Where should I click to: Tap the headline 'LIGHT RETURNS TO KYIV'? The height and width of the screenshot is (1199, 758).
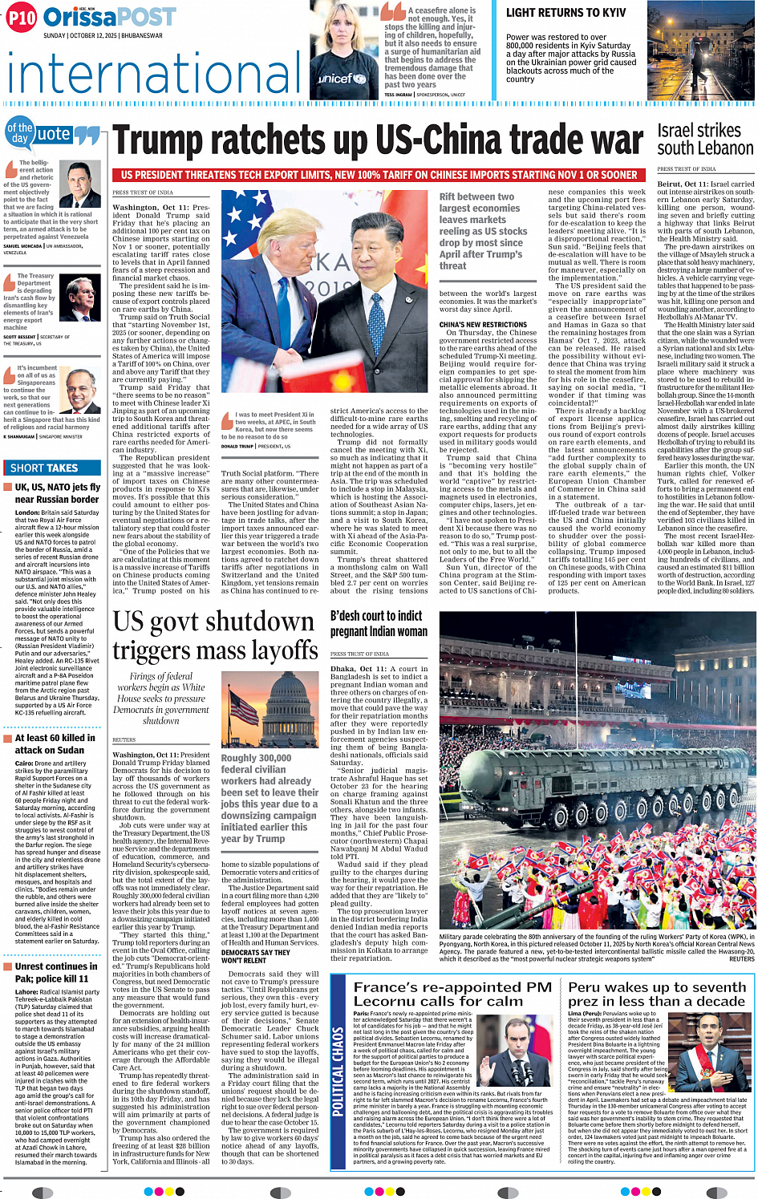point(565,13)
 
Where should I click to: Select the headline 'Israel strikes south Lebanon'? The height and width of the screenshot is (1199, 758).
point(704,140)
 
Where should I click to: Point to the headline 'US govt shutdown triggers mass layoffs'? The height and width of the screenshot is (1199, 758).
point(215,635)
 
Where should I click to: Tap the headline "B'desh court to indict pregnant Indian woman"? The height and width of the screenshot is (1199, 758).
point(379,623)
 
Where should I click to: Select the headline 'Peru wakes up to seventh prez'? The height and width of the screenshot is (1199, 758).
point(657,994)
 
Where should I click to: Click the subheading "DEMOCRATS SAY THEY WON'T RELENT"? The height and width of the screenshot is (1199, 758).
point(255,956)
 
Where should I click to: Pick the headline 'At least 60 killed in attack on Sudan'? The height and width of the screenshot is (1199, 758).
point(55,743)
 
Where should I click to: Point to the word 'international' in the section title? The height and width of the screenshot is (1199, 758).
point(152,75)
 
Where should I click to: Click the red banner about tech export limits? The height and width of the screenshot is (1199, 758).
point(379,175)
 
